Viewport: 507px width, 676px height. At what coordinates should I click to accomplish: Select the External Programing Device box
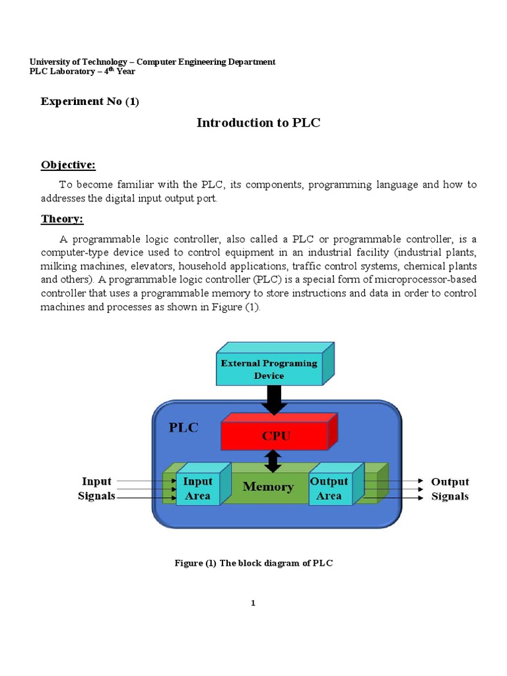[x=269, y=369]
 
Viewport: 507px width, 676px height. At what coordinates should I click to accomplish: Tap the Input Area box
[x=197, y=489]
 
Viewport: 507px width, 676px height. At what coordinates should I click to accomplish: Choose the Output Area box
[x=329, y=489]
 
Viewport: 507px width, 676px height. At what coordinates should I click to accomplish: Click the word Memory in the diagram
[x=268, y=487]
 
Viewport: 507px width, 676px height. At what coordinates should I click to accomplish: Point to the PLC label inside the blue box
[x=184, y=427]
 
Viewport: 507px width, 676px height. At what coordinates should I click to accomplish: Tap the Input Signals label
[x=98, y=489]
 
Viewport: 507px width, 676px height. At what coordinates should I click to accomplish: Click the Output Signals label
[x=450, y=489]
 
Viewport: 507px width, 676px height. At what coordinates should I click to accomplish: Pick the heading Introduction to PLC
[x=258, y=123]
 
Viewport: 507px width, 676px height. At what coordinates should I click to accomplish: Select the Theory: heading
[x=62, y=219]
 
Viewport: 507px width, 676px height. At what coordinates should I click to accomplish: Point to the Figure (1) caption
[x=253, y=563]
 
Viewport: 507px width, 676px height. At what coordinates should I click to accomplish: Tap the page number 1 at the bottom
[x=253, y=603]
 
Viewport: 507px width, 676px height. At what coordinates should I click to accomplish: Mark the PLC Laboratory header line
[x=83, y=72]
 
